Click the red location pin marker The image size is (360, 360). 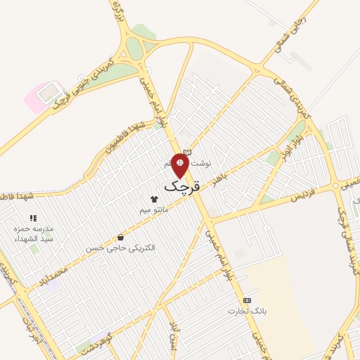pyautogui.click(x=180, y=165)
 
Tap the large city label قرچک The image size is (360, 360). pyautogui.click(x=182, y=186)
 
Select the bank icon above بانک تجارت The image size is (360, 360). pyautogui.click(x=247, y=300)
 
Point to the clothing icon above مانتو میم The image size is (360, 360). pyautogui.click(x=153, y=199)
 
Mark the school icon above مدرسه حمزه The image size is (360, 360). pyautogui.click(x=33, y=218)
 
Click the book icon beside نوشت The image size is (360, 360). pyautogui.click(x=187, y=152)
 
